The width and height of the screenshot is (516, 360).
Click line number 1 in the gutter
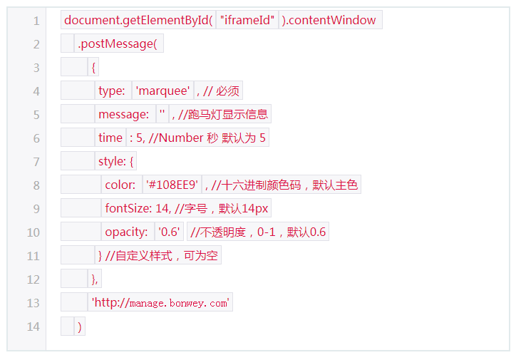(x=36, y=21)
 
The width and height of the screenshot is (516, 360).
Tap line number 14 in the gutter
(x=33, y=326)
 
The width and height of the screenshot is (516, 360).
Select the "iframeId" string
(x=247, y=20)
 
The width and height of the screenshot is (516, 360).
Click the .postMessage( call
(x=117, y=43)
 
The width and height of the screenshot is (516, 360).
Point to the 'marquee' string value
(x=162, y=91)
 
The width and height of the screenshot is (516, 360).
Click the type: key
(x=112, y=91)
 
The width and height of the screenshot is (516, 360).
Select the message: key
(x=124, y=114)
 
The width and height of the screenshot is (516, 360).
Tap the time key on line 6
(x=110, y=138)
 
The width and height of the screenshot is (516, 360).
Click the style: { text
(x=116, y=161)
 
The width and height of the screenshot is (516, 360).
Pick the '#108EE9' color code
(x=172, y=185)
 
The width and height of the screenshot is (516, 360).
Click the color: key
(x=120, y=185)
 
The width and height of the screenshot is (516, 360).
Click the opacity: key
(x=126, y=232)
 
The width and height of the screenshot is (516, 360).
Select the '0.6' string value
(x=170, y=232)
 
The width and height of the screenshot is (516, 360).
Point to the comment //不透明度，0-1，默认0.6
(x=258, y=232)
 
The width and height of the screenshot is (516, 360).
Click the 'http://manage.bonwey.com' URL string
(x=160, y=302)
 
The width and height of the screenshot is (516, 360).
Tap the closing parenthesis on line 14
(x=80, y=326)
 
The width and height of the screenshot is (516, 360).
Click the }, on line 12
(x=95, y=279)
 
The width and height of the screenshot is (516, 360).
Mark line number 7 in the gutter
(x=36, y=162)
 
